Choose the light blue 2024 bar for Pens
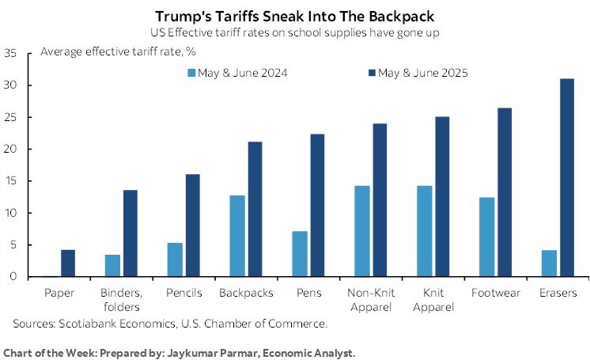coord(299,254)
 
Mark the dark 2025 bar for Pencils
coord(192,225)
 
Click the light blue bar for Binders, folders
coord(113,266)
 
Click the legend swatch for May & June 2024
coord(192,73)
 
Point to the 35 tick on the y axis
coord(11,54)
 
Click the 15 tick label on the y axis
coord(11,181)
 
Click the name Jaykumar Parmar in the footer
coord(214,351)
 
